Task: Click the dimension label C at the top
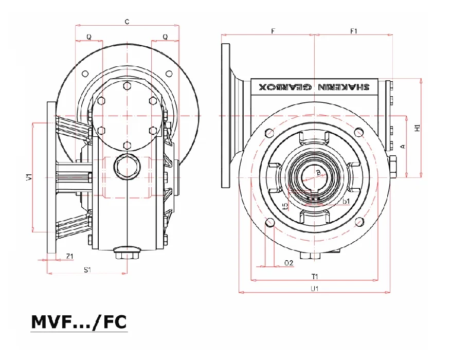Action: tap(127, 22)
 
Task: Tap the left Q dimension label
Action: tap(89, 37)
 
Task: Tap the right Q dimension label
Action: tap(165, 37)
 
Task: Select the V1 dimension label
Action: tap(28, 177)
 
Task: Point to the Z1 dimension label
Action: tap(69, 256)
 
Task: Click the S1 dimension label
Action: tap(87, 269)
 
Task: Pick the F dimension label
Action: tap(273, 31)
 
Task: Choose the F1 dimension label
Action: tap(353, 31)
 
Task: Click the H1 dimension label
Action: tap(418, 128)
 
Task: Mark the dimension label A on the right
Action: tap(403, 147)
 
